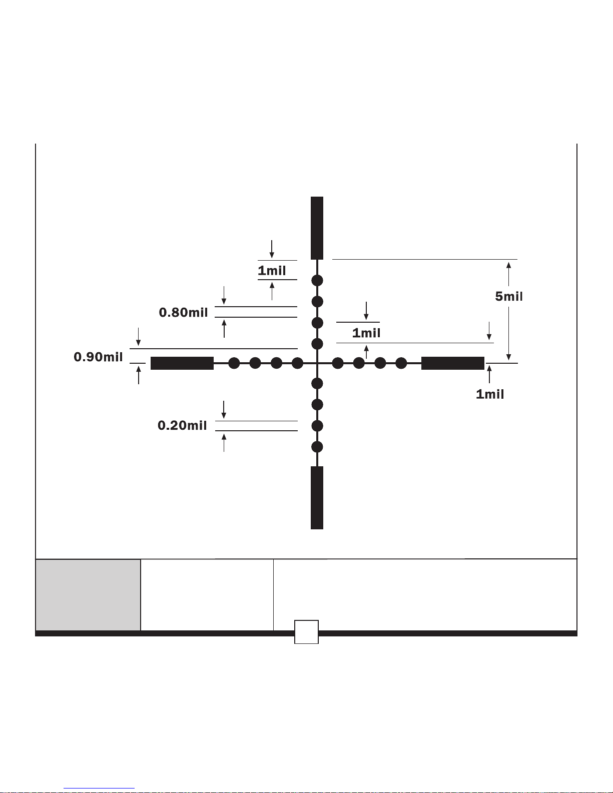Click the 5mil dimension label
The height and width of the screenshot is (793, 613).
[508, 296]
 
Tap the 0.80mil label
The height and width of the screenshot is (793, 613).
[183, 312]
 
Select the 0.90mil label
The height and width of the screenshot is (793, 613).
[98, 357]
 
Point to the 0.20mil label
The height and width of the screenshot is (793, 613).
[182, 425]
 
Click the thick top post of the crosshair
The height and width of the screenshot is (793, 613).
[317, 228]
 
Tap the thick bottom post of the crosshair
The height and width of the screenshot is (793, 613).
[317, 498]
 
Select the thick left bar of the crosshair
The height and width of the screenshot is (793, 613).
[182, 363]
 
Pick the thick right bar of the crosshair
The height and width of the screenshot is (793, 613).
[453, 363]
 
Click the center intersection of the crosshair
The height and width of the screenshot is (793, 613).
[317, 363]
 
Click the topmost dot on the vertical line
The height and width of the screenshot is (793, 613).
[317, 281]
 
